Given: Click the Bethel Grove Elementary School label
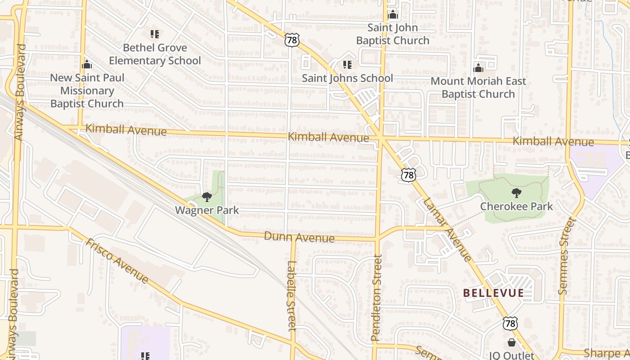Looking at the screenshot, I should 155,54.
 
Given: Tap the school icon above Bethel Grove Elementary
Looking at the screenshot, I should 155,34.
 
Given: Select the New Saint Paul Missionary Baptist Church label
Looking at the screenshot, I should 87,90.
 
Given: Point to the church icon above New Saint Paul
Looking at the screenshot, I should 87,64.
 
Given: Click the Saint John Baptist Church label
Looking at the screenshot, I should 393,34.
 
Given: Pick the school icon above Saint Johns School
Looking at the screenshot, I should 347,65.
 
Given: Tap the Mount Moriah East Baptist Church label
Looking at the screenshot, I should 478,88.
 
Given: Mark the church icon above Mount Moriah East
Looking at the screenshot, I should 478,68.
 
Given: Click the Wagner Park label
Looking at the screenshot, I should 207,210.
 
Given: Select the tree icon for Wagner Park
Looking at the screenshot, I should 207,197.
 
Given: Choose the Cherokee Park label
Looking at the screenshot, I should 517,207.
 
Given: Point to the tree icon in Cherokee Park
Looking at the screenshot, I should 517,193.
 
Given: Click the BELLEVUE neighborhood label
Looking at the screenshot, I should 494,293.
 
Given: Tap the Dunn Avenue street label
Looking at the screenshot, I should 299,237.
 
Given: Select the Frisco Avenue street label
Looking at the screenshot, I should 117,261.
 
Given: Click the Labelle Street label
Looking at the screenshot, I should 292,296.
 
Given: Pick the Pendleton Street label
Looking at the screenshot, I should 376,297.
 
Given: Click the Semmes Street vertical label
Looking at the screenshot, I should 567,256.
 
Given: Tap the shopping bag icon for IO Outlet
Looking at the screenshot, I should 511,343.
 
